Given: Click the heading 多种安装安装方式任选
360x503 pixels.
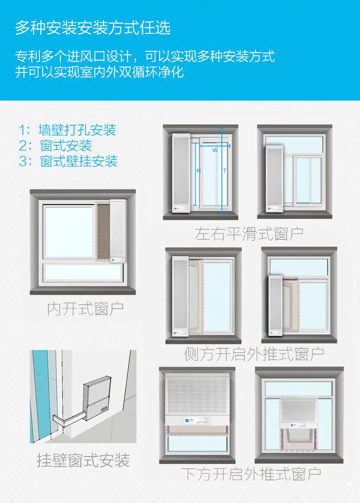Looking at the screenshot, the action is [x=93, y=28].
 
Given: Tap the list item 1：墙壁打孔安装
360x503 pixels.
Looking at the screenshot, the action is [x=67, y=130].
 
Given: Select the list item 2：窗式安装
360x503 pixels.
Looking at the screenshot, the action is [x=55, y=145].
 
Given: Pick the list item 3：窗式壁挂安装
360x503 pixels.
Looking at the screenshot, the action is [x=68, y=161].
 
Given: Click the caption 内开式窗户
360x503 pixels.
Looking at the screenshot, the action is [x=85, y=309].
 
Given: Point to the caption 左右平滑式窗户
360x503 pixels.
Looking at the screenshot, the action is [x=249, y=234].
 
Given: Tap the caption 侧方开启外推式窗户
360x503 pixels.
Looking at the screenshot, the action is [x=254, y=354].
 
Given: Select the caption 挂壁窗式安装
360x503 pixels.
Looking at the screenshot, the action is [x=83, y=460].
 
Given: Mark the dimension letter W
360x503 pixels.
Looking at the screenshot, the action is [x=215, y=150].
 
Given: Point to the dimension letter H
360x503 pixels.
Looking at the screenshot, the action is [x=198, y=171].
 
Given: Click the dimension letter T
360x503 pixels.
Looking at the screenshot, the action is [x=225, y=171].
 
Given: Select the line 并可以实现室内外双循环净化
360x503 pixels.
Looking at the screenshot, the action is [x=100, y=72].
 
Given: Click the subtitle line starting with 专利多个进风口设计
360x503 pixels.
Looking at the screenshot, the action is [x=145, y=56].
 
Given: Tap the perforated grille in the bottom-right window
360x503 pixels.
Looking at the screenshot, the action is [x=298, y=410].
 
